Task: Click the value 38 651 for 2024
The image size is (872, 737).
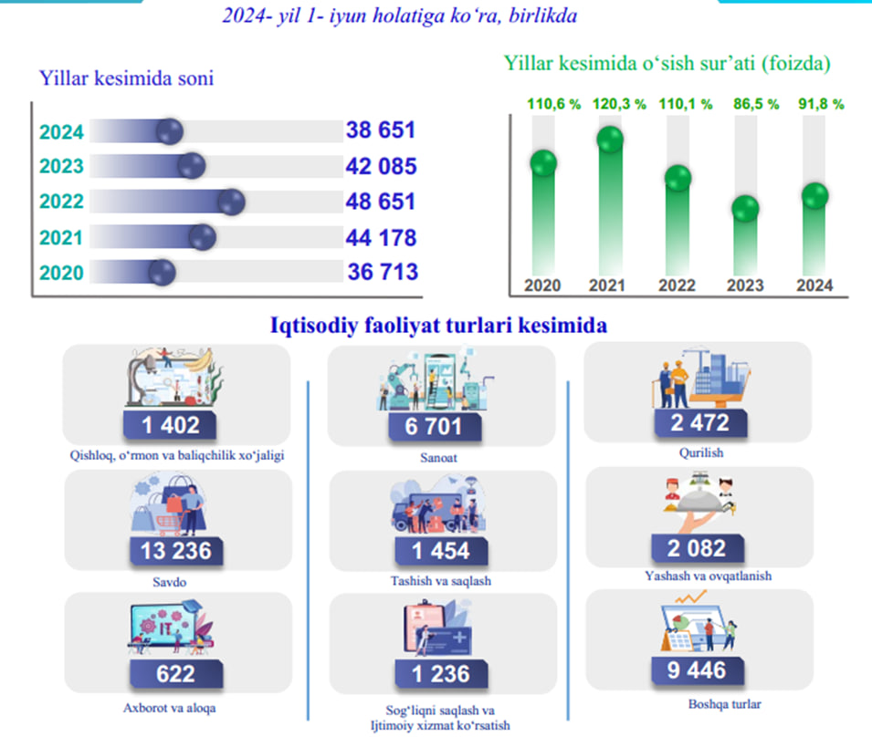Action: pyautogui.click(x=380, y=130)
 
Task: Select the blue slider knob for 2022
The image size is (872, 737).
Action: pyautogui.click(x=232, y=202)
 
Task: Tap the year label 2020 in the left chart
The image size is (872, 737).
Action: pyautogui.click(x=62, y=273)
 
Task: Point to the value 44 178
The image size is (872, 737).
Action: pyautogui.click(x=381, y=237)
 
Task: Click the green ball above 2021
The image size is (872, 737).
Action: pyautogui.click(x=609, y=140)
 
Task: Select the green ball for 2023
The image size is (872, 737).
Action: pyautogui.click(x=747, y=208)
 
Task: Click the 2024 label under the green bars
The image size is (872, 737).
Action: pyautogui.click(x=814, y=285)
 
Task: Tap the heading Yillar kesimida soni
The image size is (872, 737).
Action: pyautogui.click(x=126, y=78)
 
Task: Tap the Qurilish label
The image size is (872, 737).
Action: pyautogui.click(x=699, y=451)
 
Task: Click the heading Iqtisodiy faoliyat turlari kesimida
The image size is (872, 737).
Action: pyautogui.click(x=439, y=325)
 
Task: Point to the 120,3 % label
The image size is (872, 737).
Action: pyautogui.click(x=620, y=104)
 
